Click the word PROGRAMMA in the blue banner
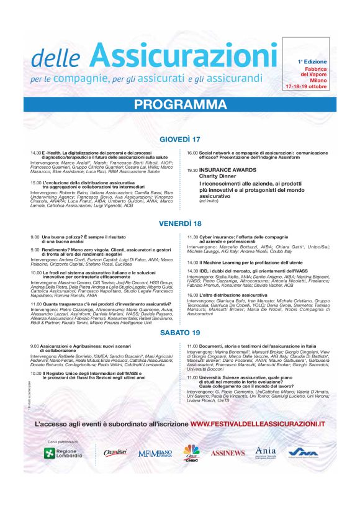pos(180,104)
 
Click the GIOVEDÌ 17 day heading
pos(180,138)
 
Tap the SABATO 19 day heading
pos(180,332)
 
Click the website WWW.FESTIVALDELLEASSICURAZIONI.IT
pos(258,423)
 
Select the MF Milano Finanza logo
pos(155,454)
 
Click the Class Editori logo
pos(115,453)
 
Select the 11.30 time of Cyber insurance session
pos(192,236)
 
